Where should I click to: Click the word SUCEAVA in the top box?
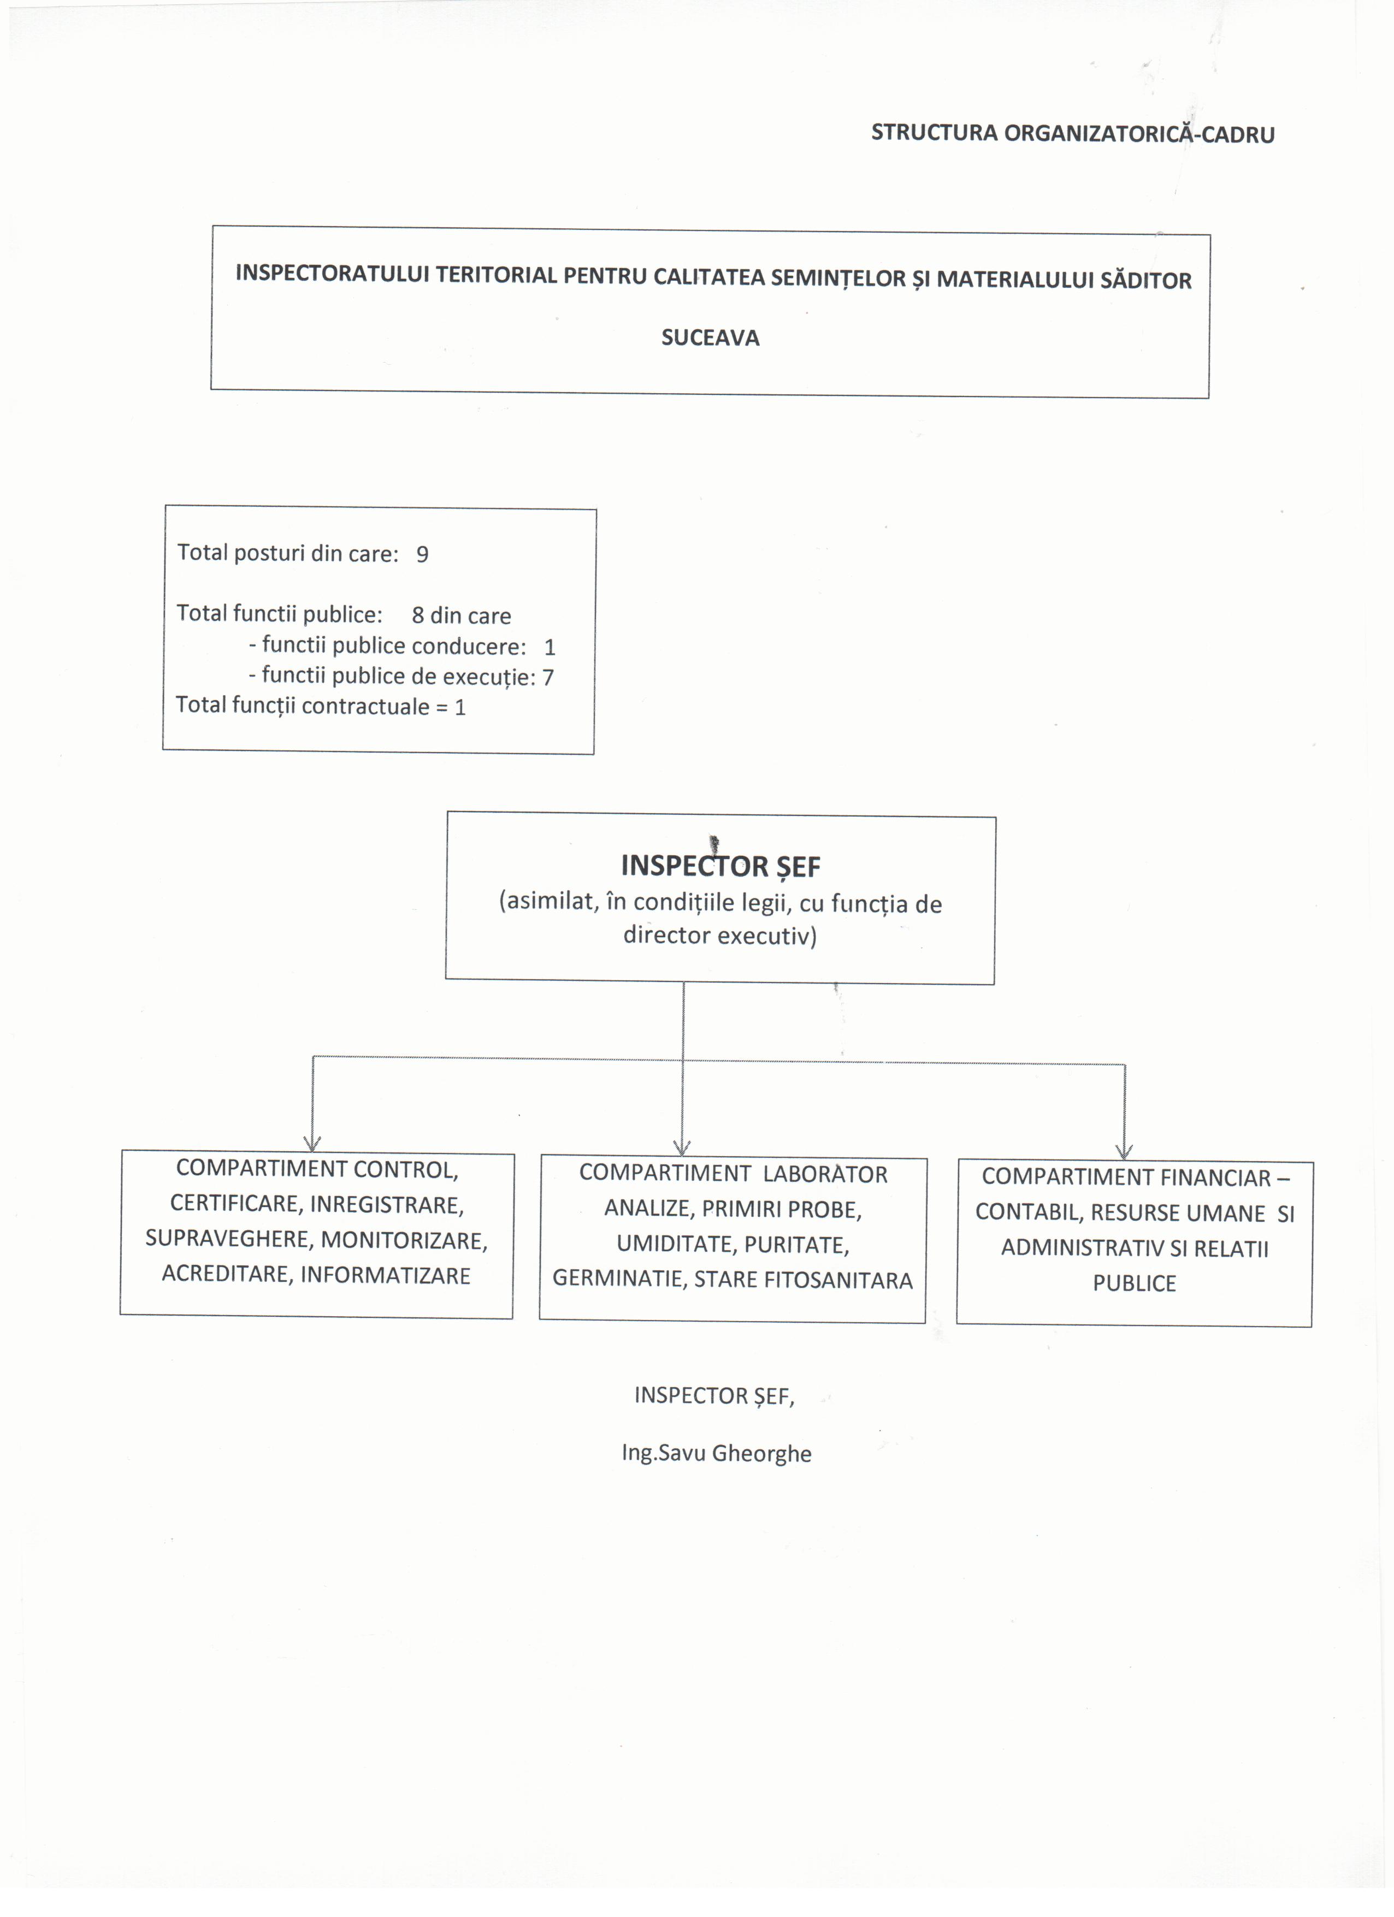[710, 338]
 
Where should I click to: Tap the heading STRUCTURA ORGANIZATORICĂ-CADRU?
[1073, 134]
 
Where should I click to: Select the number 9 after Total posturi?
[422, 554]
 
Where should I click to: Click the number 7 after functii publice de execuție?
[548, 677]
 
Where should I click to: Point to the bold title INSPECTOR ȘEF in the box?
[720, 866]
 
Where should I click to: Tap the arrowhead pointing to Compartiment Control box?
[312, 1144]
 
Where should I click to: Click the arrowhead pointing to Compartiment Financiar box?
[1124, 1151]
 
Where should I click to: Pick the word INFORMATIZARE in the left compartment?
[386, 1275]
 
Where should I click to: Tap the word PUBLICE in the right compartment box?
[1135, 1283]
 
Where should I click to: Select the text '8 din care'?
[462, 616]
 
